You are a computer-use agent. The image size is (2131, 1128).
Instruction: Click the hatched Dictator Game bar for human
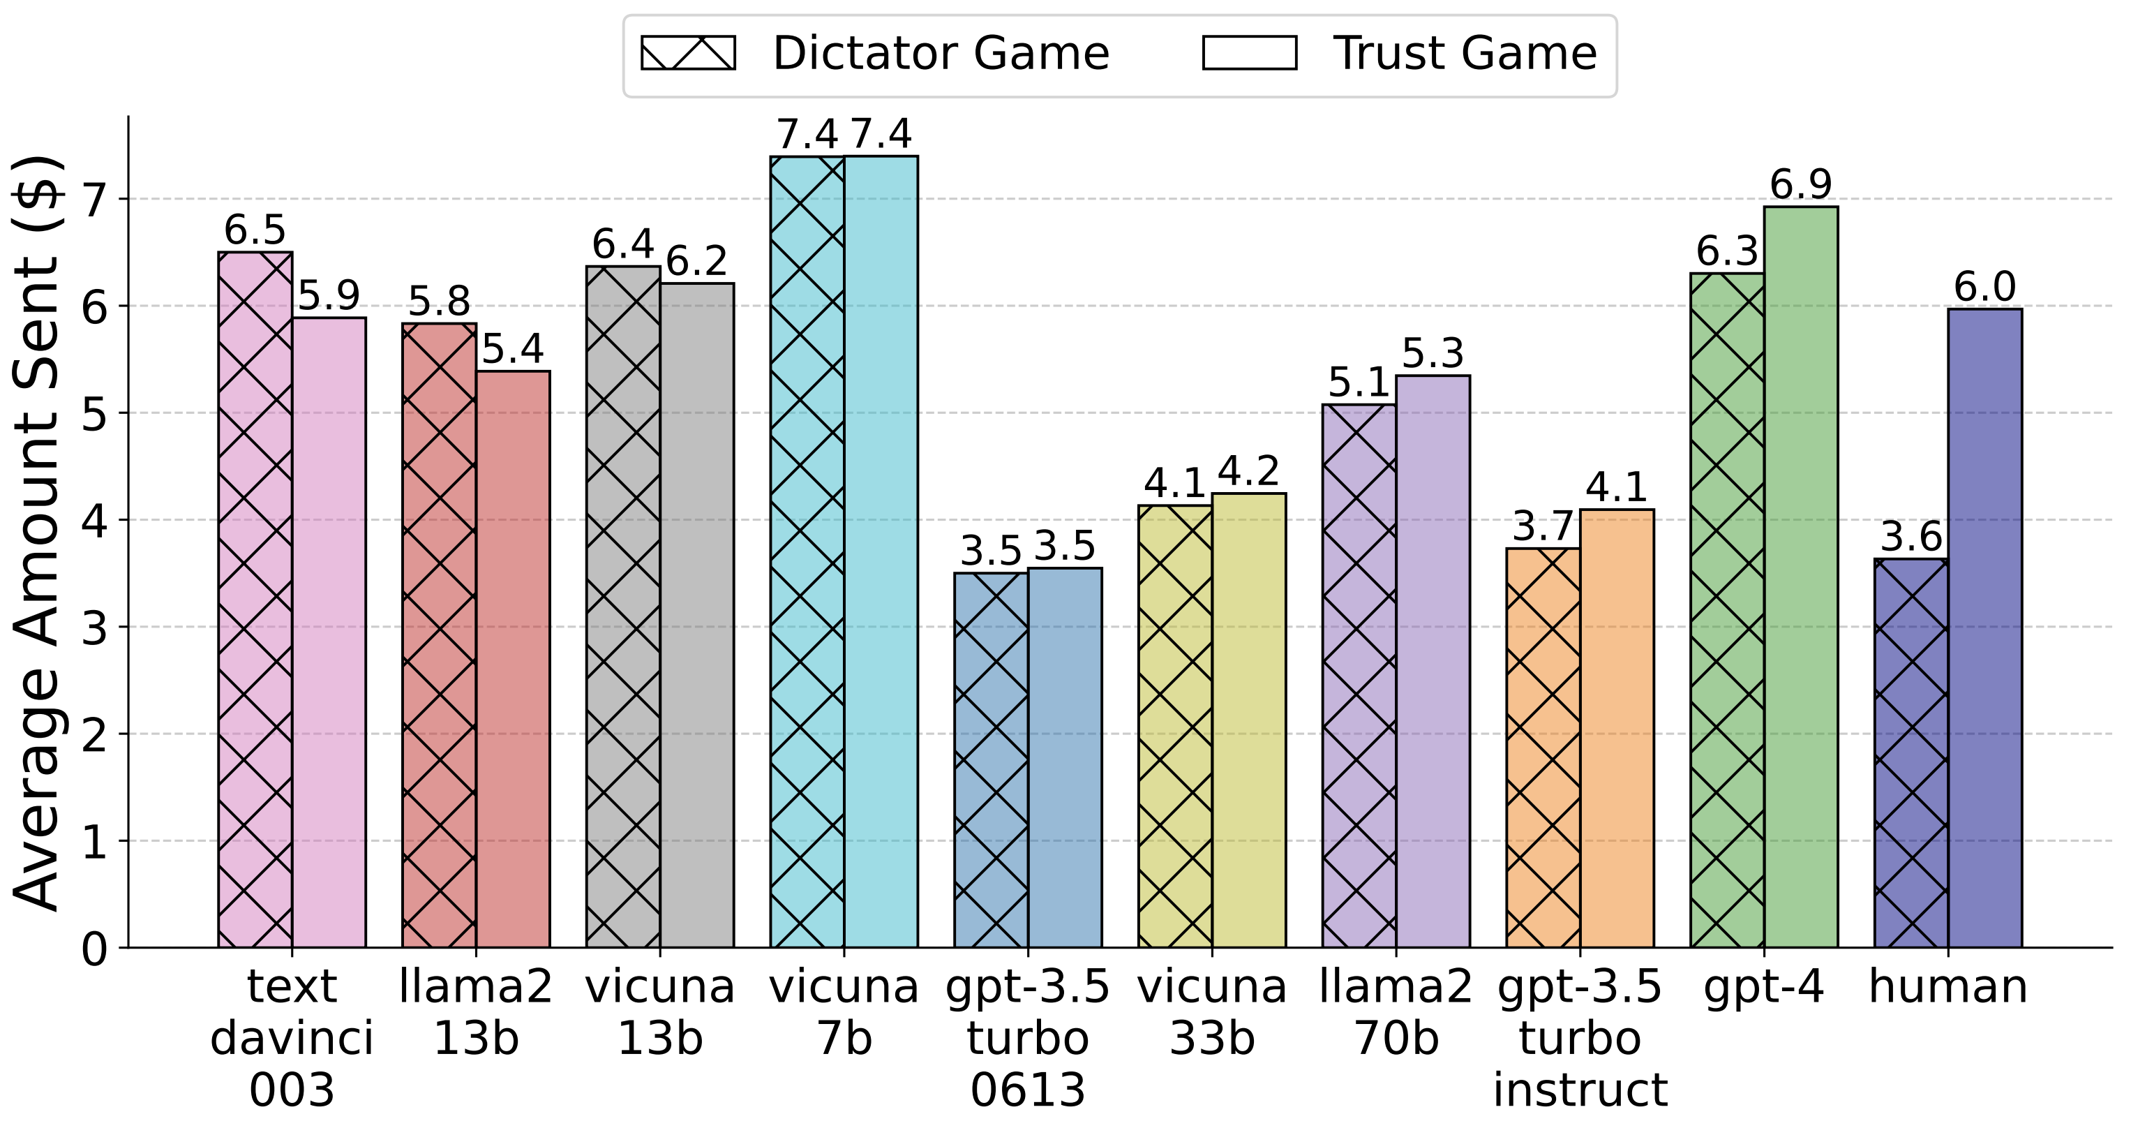coord(1911,753)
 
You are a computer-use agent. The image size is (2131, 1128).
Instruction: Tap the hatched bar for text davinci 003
coord(255,600)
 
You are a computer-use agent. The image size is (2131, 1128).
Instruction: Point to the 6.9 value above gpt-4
coord(1801,184)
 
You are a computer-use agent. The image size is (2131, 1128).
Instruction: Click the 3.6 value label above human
coord(1911,536)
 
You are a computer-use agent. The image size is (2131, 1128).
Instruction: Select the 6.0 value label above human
coord(1984,286)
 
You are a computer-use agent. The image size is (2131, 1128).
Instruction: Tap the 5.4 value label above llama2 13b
coord(513,348)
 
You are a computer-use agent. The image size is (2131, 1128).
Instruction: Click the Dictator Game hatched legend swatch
coord(687,53)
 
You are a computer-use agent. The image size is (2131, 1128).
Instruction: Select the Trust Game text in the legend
coord(1464,53)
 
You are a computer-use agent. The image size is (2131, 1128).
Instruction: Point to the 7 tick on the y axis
coord(94,200)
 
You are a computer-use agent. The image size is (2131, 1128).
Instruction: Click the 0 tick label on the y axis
coord(94,949)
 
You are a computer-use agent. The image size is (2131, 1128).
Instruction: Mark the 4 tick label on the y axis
coord(94,521)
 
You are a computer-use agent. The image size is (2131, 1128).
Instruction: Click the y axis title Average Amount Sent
coord(37,534)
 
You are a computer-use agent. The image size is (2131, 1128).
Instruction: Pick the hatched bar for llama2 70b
coord(1359,675)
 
